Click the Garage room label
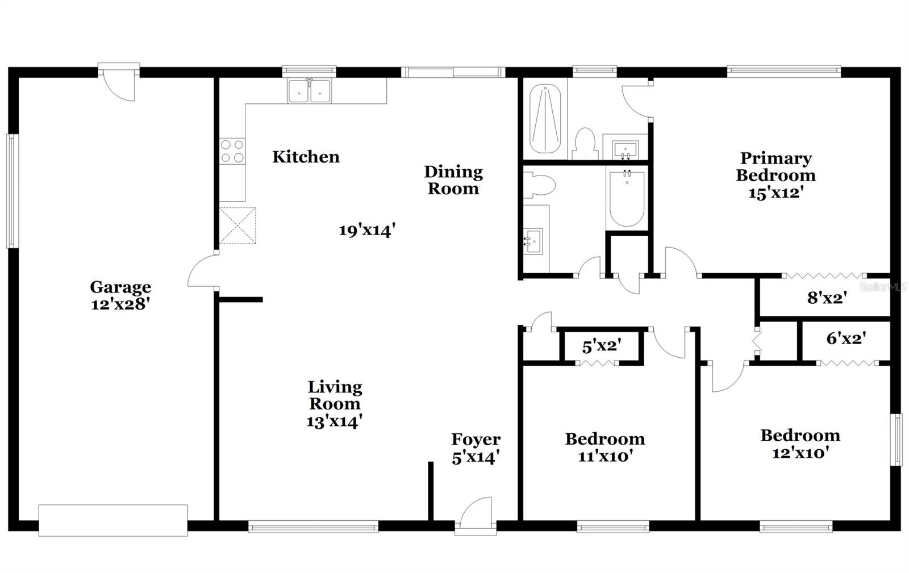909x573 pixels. pyautogui.click(x=120, y=287)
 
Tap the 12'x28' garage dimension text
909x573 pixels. pyautogui.click(x=120, y=304)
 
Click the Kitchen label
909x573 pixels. pyautogui.click(x=306, y=157)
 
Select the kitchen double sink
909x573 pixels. pyautogui.click(x=309, y=91)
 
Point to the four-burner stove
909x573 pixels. pyautogui.click(x=232, y=151)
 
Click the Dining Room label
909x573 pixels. pyautogui.click(x=453, y=179)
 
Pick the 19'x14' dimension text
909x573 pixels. pyautogui.click(x=367, y=230)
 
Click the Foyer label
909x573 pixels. pyautogui.click(x=476, y=439)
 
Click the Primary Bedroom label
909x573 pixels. pyautogui.click(x=775, y=166)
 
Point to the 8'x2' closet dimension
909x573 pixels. pyautogui.click(x=827, y=298)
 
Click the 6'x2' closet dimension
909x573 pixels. pyautogui.click(x=846, y=338)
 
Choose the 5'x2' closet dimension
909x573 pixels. pyautogui.click(x=602, y=345)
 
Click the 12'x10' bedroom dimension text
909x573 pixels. pyautogui.click(x=800, y=453)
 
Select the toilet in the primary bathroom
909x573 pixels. pyautogui.click(x=585, y=144)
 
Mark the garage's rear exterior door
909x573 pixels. pyautogui.click(x=119, y=81)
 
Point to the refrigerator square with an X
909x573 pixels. pyautogui.click(x=237, y=225)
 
